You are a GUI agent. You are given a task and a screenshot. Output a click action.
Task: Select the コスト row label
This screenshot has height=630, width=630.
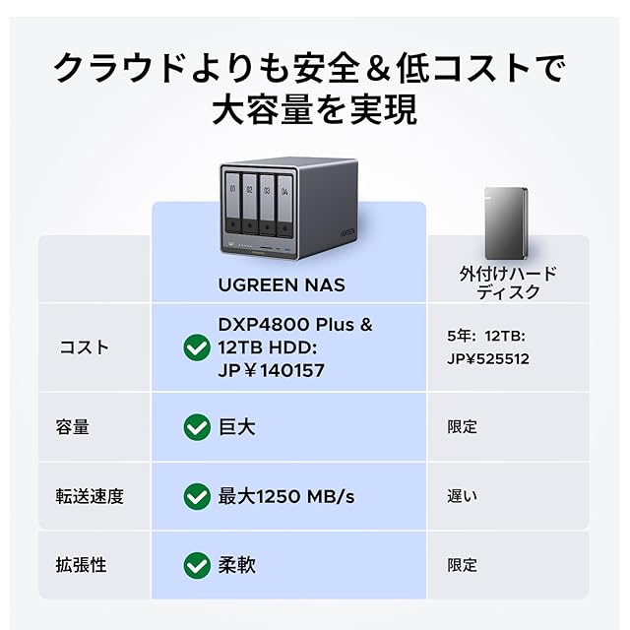(x=85, y=347)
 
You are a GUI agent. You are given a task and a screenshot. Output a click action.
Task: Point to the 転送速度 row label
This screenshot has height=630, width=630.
(x=90, y=496)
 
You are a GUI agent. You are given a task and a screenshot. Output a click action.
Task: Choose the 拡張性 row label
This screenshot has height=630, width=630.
(x=81, y=565)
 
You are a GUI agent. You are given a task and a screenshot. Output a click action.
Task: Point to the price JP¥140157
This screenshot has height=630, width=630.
(x=272, y=370)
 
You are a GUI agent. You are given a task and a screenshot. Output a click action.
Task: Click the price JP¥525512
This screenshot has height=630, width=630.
(x=488, y=359)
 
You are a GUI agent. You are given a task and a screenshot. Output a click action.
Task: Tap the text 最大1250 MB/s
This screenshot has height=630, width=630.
(x=285, y=496)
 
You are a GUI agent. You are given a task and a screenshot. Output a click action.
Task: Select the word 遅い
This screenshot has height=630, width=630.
(x=463, y=496)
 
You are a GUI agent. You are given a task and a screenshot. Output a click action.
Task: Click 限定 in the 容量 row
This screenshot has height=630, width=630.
(x=463, y=427)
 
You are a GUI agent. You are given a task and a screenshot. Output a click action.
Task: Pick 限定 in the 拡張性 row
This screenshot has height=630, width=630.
(x=463, y=565)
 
